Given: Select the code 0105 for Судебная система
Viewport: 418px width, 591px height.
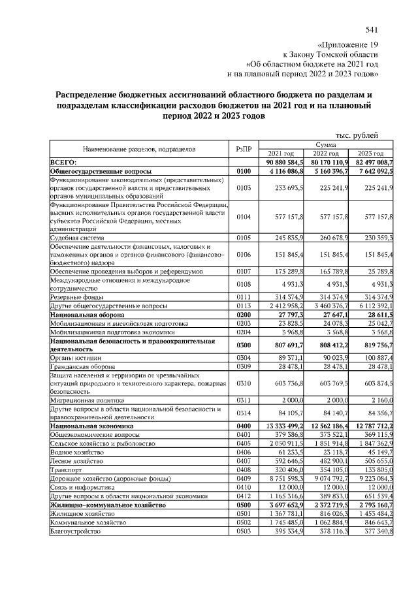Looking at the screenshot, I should [x=243, y=238].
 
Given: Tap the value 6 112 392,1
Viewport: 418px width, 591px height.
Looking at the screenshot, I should [x=371, y=304].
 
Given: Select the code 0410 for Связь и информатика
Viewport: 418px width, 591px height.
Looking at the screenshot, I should [x=243, y=487].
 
